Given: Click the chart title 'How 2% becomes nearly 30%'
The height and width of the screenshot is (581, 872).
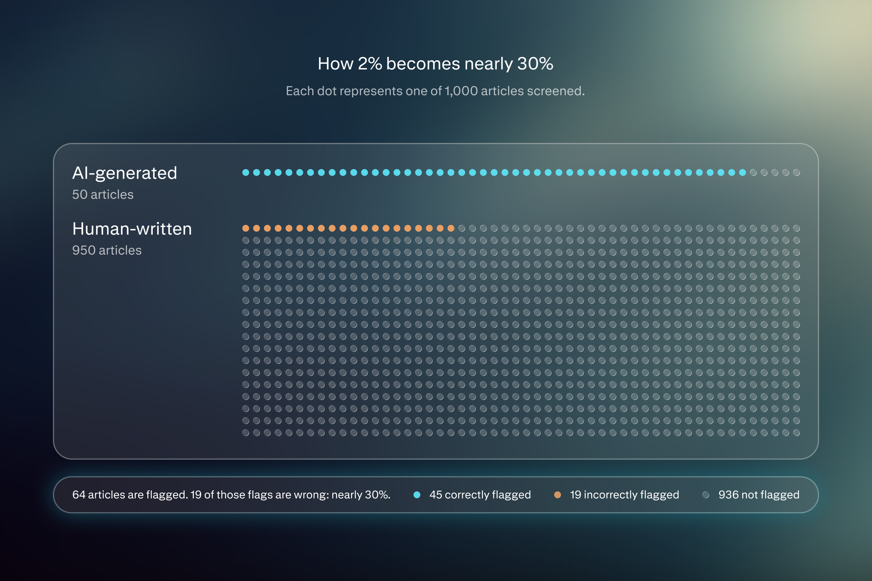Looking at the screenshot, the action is [x=435, y=64].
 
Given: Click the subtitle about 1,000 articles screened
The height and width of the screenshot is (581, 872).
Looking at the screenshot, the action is [x=435, y=91].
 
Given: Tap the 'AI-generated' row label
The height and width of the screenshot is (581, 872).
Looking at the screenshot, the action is [x=125, y=173].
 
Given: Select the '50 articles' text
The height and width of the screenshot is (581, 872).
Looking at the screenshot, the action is [x=103, y=194].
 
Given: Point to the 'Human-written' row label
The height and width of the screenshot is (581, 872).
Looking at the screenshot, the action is [x=132, y=229].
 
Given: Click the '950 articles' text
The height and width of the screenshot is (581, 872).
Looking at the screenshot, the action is [x=107, y=250].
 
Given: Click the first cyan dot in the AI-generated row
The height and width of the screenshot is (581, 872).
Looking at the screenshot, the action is [x=246, y=173].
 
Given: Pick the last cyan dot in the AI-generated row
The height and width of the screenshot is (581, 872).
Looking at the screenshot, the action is [x=743, y=173].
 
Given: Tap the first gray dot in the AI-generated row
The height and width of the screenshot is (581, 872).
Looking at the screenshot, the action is [x=753, y=173].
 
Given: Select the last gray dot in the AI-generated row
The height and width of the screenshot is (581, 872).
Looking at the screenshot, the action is [x=796, y=173].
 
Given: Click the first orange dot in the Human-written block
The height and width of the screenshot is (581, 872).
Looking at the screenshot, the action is [x=246, y=228].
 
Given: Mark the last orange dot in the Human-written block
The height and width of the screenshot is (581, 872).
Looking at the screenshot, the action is [x=451, y=228].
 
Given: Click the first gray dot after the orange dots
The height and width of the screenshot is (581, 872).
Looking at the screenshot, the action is [x=461, y=228].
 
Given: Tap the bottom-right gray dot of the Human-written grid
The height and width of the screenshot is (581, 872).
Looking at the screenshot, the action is [x=796, y=433].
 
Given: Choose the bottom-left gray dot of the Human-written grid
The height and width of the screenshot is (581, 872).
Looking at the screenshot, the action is [x=246, y=433].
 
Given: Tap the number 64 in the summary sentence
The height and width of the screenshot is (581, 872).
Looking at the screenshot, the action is [x=79, y=495].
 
